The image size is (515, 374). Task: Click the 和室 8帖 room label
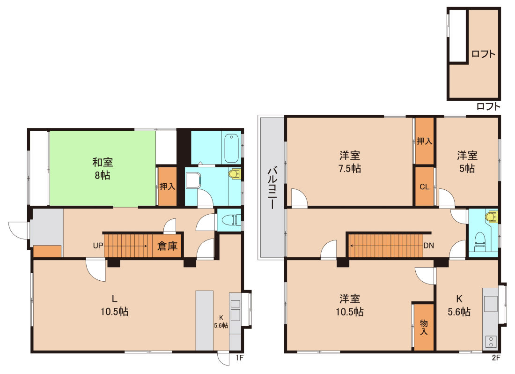(x=103, y=169)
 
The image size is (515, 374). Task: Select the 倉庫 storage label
(x=167, y=246)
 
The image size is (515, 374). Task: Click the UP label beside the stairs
(x=98, y=246)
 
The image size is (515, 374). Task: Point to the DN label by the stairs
(x=428, y=246)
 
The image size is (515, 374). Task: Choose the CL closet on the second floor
(x=424, y=187)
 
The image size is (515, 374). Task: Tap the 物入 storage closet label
(x=424, y=327)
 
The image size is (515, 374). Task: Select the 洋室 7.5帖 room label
(x=349, y=162)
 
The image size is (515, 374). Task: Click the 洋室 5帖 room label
(x=467, y=162)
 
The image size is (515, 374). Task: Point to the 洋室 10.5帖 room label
(x=349, y=305)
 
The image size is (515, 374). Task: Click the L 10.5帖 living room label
(x=114, y=305)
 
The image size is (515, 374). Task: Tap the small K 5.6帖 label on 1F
(x=221, y=322)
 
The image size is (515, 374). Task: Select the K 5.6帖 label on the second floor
(x=459, y=305)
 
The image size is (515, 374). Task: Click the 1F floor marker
(x=239, y=358)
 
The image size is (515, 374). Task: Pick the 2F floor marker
(x=496, y=358)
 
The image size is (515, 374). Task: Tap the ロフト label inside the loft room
(x=483, y=54)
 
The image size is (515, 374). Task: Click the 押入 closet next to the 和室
(x=168, y=187)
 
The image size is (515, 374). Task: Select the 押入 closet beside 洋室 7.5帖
(x=424, y=141)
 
